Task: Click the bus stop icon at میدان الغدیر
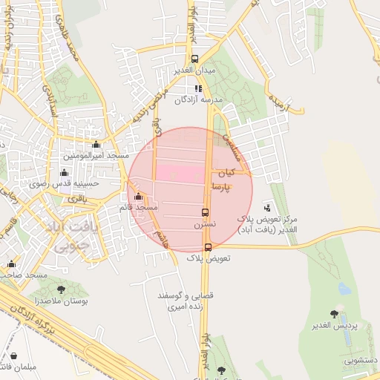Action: pos(194,59)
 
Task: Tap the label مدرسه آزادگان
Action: pos(197,99)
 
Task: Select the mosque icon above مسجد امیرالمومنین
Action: pos(96,145)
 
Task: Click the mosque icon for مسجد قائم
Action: pos(139,197)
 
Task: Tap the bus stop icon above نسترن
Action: pos(206,212)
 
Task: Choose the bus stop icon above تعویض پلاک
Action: pos(208,247)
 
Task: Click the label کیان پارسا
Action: pos(224,180)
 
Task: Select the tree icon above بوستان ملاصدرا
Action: pos(61,289)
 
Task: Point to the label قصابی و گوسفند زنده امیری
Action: pos(186,301)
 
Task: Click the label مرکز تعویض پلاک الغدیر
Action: pos(267,225)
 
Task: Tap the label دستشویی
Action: pos(359,360)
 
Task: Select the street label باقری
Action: pos(77,199)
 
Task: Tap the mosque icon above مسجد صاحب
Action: pos(11,263)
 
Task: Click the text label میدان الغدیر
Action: pos(194,70)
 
